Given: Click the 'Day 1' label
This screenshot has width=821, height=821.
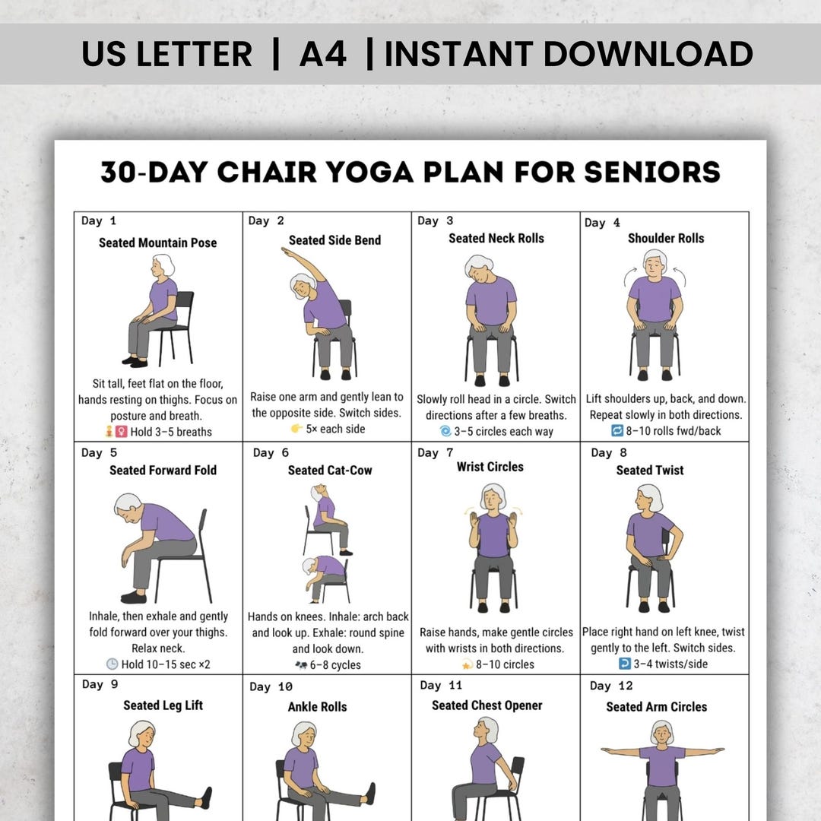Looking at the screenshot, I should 99,221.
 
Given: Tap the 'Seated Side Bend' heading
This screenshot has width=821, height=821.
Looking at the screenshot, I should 334,240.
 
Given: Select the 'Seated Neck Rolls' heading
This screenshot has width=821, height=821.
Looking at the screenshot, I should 496,239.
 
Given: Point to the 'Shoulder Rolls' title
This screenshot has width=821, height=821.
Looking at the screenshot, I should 666,239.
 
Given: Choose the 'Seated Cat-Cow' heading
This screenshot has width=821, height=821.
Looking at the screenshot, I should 330,471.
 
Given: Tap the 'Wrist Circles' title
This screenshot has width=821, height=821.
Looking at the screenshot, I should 490,467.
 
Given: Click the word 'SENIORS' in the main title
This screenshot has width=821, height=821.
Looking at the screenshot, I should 651,172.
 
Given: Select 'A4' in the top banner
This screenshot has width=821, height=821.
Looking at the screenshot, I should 323,54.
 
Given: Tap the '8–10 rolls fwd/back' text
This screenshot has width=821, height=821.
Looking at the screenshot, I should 671,431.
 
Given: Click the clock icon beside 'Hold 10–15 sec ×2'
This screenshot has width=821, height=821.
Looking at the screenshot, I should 112,664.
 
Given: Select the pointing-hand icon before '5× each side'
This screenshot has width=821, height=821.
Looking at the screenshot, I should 296,429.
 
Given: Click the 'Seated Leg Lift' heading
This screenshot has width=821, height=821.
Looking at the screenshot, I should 163,705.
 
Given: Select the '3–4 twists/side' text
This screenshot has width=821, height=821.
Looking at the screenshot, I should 671,664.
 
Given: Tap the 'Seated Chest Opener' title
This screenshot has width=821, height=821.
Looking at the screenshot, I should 487,705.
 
